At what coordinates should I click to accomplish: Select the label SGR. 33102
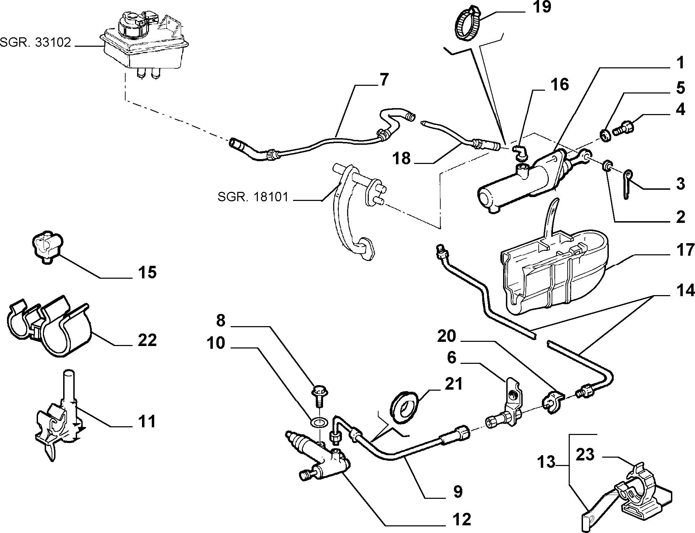tap(35, 43)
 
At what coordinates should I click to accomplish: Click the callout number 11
tap(147, 422)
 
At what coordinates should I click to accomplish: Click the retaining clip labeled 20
tap(552, 402)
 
